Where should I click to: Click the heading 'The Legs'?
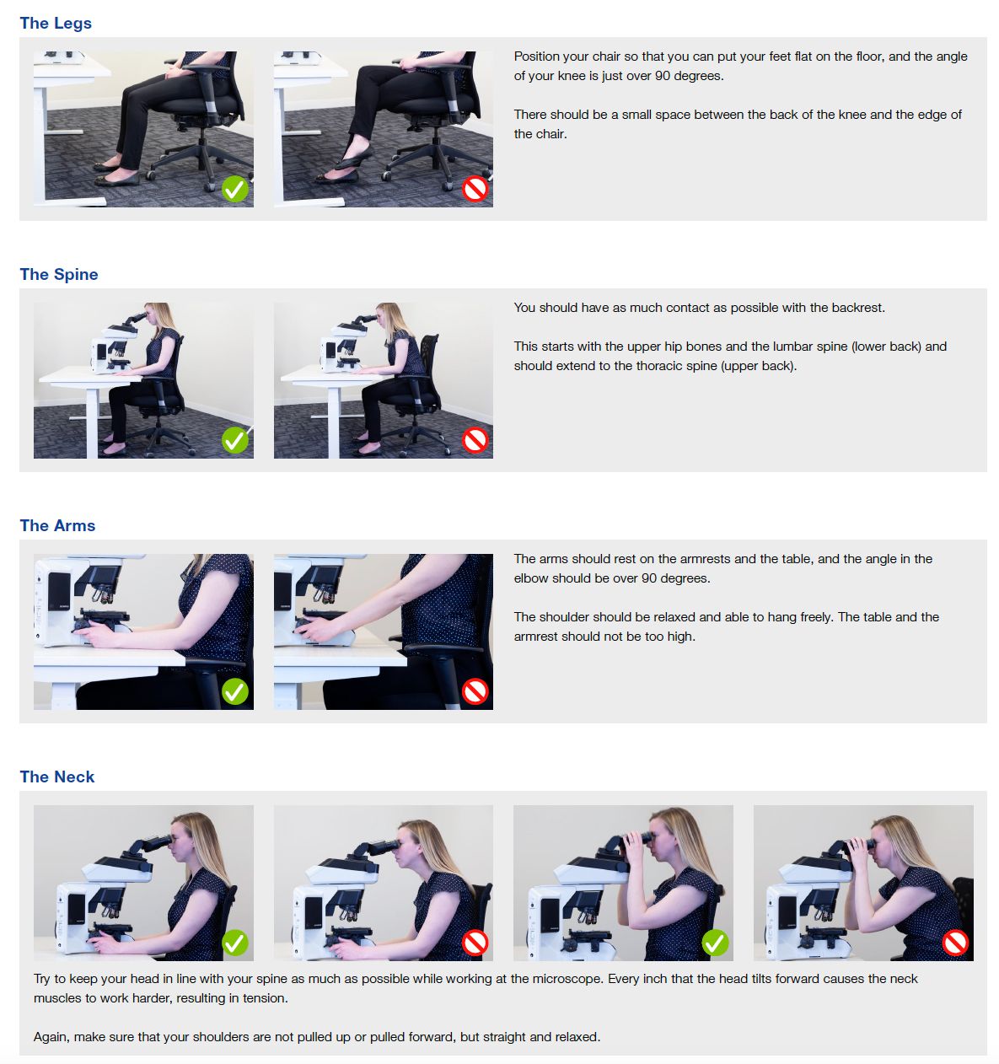click(x=56, y=23)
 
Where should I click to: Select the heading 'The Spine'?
click(x=59, y=274)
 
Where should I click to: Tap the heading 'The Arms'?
click(x=57, y=525)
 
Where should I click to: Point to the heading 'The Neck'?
click(x=57, y=777)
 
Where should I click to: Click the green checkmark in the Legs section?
click(x=235, y=189)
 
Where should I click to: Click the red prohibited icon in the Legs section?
click(x=475, y=189)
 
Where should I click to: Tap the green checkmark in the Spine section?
click(x=235, y=440)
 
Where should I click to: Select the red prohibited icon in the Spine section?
click(x=475, y=440)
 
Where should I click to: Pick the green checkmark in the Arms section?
click(x=235, y=691)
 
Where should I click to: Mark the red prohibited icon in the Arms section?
click(x=475, y=691)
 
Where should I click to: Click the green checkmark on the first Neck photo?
click(x=235, y=943)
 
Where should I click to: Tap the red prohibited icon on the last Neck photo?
click(x=955, y=943)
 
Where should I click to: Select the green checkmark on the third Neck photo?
click(x=715, y=943)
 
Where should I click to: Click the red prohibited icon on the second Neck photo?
click(x=475, y=943)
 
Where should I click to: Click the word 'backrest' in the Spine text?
click(x=857, y=308)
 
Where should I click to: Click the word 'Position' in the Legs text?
click(x=537, y=56)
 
